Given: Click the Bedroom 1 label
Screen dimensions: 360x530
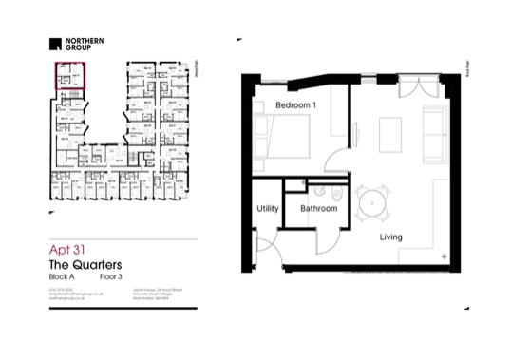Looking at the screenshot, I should click(x=295, y=104).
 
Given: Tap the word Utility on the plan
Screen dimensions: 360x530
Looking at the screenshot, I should click(x=267, y=209).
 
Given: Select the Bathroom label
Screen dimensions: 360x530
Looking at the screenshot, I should click(x=318, y=209).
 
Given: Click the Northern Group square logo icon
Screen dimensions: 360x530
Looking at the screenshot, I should click(x=56, y=43).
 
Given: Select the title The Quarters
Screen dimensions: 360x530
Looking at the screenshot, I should click(x=84, y=263).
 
